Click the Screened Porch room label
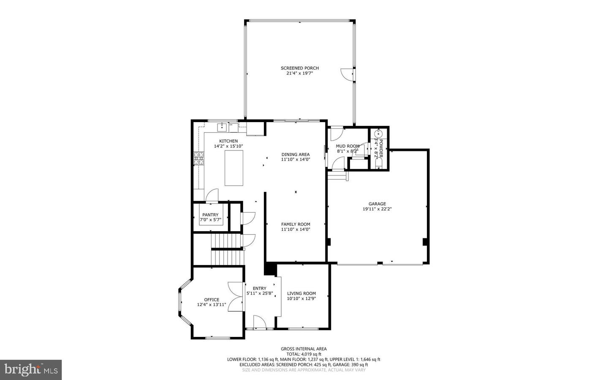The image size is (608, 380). (300, 68)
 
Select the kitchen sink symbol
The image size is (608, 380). (222, 127)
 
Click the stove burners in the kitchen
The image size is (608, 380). (198, 158)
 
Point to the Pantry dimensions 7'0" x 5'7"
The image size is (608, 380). (210, 219)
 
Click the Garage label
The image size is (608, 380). (377, 204)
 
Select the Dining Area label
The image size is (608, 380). (296, 154)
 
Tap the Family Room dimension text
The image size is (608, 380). (296, 230)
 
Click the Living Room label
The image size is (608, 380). (301, 293)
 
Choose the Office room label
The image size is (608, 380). (212, 300)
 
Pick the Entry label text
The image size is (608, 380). (259, 288)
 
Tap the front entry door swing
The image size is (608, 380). (259, 322)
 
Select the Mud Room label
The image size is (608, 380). (347, 146)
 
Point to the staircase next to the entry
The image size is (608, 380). (228, 249)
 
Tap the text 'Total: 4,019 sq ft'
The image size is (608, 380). (304, 354)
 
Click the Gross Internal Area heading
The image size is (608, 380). (304, 349)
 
